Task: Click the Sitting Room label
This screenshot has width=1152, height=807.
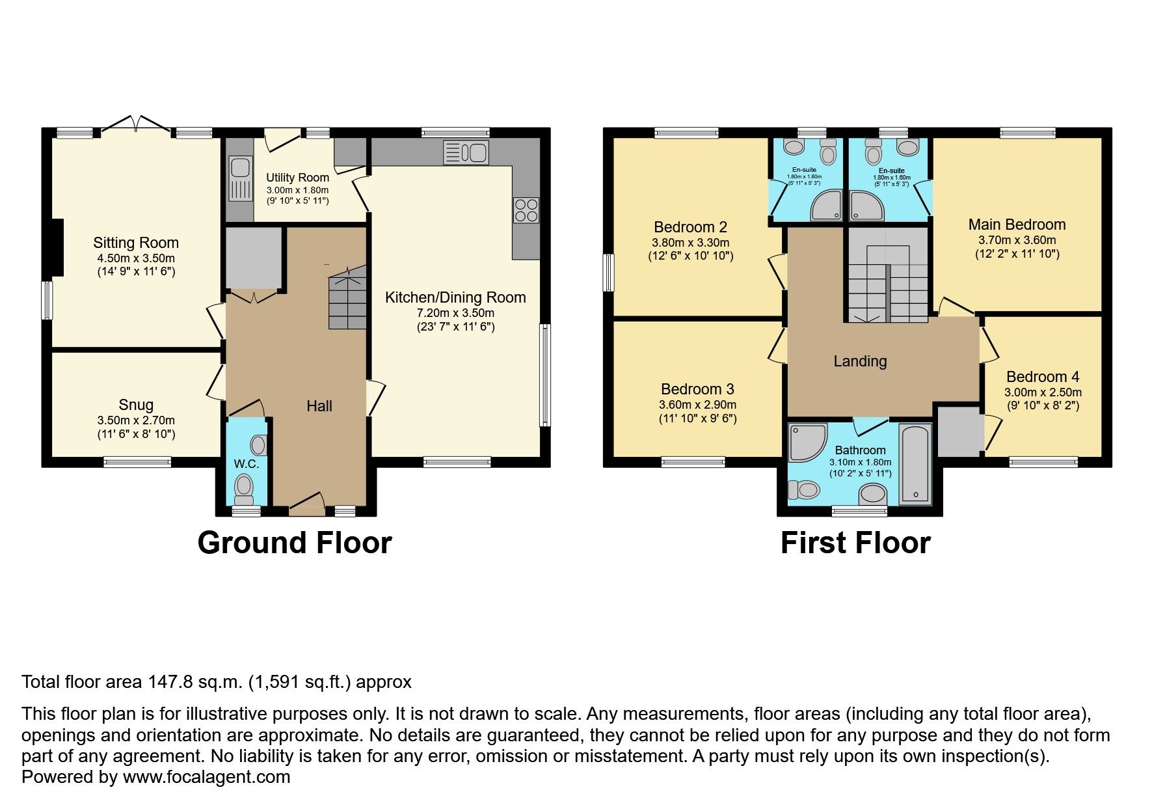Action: pos(135,243)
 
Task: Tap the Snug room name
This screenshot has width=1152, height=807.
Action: pos(136,405)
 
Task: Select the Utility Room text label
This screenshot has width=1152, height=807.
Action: pos(297,178)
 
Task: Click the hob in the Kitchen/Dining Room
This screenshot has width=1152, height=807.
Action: pos(526,210)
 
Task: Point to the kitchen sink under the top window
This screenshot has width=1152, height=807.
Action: pos(466,153)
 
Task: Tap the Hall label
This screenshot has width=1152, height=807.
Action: pos(319,406)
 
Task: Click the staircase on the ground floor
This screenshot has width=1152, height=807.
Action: pos(347,301)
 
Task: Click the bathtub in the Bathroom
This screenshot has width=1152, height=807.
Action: pos(915,463)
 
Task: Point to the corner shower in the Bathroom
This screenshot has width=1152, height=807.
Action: pos(806,441)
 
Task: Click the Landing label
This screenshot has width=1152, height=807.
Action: pos(860,361)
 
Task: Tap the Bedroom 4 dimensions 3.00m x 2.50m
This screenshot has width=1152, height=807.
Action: pos(1043,392)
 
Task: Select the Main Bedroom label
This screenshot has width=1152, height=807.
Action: pos(1017,225)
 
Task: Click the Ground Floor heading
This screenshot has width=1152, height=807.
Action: pos(294,543)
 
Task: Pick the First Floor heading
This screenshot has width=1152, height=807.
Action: pos(855,543)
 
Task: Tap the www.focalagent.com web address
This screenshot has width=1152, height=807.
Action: pos(206,777)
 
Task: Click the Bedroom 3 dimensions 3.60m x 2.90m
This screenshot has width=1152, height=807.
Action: pos(697,405)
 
